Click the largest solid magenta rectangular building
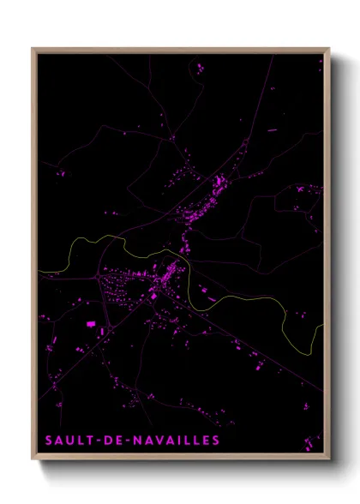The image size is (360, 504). tap(90, 324)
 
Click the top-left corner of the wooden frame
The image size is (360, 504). tap(32, 49)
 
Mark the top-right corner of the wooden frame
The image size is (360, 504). tap(330, 49)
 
